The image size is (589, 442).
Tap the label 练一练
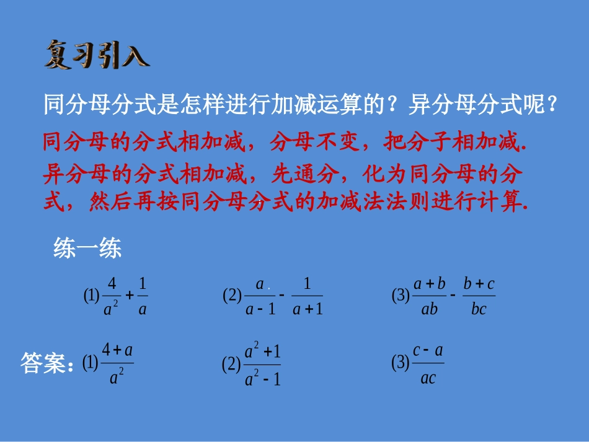87,249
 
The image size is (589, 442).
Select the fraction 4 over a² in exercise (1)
112,296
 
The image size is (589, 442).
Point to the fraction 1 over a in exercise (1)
143,296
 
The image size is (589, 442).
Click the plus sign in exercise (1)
129,295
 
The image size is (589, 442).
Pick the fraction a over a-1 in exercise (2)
260,296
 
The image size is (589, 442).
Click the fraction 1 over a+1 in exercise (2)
308,296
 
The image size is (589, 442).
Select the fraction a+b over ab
430,296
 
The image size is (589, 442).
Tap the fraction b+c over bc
479,296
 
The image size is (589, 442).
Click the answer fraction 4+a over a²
117,364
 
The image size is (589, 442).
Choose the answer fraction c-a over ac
428,364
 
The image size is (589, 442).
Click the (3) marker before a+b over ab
401,296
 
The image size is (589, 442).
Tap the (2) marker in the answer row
231,365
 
